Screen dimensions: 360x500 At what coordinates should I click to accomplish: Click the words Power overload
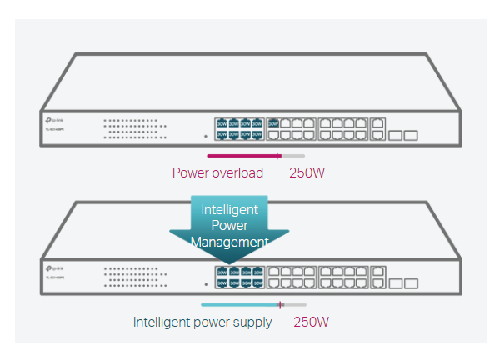click(217, 173)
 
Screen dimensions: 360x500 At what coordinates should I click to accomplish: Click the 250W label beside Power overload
click(307, 173)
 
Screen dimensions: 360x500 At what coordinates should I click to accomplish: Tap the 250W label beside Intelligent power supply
click(312, 322)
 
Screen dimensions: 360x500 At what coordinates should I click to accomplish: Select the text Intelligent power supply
click(202, 322)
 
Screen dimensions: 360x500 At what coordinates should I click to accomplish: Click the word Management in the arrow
click(229, 242)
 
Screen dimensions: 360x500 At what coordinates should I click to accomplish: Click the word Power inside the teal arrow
click(230, 226)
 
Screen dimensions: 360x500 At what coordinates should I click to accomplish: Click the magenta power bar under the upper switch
click(242, 156)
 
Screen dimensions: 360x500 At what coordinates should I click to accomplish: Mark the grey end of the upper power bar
click(294, 156)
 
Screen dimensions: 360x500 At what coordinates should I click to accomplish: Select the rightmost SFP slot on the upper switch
click(410, 134)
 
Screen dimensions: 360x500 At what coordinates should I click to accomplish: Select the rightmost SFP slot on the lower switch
click(410, 282)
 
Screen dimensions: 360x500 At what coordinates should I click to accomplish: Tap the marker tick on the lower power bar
click(281, 304)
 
